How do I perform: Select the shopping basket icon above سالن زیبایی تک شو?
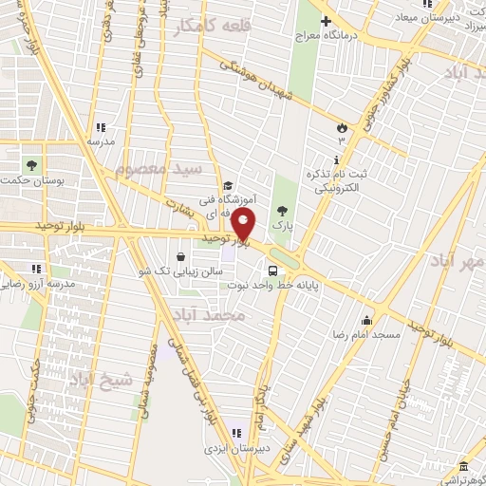coord(180,256)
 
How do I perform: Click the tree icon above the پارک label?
coord(280,211)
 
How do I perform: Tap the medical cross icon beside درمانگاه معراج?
coord(327,21)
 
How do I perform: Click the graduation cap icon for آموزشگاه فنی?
coord(227,186)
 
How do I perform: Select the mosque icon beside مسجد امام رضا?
coord(365,320)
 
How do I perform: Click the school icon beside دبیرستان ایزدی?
coord(235,434)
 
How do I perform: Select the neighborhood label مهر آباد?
coord(457,259)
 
